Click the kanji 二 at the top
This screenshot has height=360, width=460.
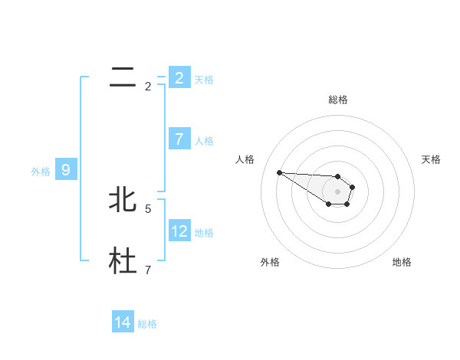(x=123, y=77)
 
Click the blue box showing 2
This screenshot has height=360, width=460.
(x=179, y=77)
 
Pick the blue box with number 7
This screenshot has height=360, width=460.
(x=179, y=139)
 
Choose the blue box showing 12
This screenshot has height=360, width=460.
(x=179, y=231)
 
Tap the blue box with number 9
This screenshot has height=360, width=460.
(x=66, y=170)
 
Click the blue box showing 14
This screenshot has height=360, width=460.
(x=123, y=322)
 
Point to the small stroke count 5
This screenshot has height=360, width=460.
(x=148, y=208)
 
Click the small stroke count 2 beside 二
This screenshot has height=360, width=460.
(x=148, y=87)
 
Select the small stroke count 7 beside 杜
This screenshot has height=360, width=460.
(x=148, y=270)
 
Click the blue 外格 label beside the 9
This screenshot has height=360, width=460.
(x=41, y=172)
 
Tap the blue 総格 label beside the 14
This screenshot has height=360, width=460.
(x=147, y=324)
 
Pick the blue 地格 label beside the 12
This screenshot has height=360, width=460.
(x=204, y=232)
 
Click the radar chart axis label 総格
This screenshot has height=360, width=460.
(x=337, y=100)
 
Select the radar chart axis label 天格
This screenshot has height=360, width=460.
(x=431, y=159)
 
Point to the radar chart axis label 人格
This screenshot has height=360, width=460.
(x=245, y=159)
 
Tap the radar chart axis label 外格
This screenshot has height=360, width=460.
(x=270, y=262)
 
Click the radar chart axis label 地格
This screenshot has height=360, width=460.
(x=402, y=262)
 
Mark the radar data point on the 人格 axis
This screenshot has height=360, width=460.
(x=279, y=172)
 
